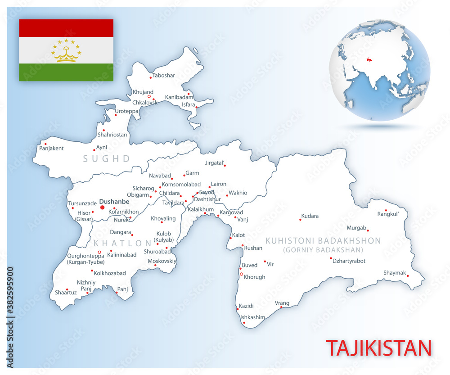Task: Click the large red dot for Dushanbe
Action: [x=102, y=208]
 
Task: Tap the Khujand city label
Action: [x=143, y=92]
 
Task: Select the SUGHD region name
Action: [x=107, y=158]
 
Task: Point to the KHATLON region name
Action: [x=123, y=243]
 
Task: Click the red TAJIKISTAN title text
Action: [x=378, y=348]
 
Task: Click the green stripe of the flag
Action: [x=66, y=72]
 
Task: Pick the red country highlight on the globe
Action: [x=369, y=59]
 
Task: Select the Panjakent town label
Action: [x=51, y=148]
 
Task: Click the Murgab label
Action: [x=357, y=228]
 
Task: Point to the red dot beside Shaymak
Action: [x=408, y=276]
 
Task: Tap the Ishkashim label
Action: [x=252, y=317]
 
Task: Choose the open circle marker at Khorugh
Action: [x=242, y=274]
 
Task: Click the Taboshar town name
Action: [x=164, y=75]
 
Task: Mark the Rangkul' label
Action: [x=388, y=214]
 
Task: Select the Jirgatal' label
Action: [x=215, y=163]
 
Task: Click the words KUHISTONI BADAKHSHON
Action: [x=323, y=241]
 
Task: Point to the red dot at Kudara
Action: [x=300, y=220]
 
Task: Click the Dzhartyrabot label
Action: [x=349, y=261]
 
